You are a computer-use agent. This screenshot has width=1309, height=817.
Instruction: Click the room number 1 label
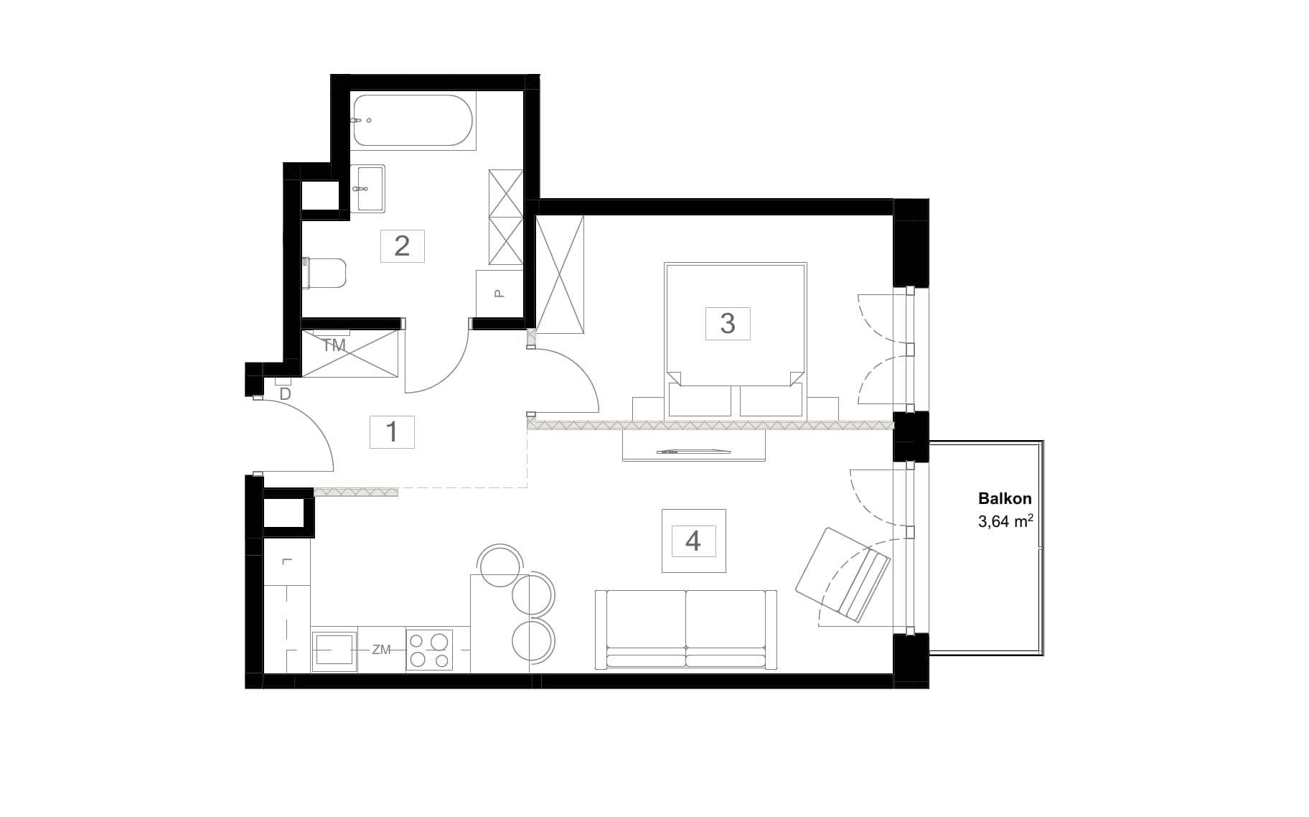392,432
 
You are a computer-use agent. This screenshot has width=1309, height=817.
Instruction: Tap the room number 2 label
402,246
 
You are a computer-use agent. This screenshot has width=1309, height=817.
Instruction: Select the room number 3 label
728,323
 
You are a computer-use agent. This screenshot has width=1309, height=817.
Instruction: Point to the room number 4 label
693,541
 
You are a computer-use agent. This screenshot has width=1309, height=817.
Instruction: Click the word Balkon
1005,498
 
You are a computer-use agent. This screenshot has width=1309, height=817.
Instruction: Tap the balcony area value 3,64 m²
1005,522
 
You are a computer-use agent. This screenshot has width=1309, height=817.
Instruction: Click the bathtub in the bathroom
413,121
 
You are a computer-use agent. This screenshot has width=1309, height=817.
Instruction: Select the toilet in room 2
324,273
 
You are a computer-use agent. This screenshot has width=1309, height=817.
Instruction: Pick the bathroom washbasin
367,188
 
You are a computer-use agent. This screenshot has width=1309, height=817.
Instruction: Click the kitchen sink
334,650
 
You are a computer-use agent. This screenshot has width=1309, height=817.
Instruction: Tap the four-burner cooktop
430,650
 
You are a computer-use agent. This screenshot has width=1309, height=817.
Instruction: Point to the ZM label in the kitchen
381,650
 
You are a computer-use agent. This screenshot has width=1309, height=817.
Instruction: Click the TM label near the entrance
334,345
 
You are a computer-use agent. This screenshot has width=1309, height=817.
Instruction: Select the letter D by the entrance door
285,394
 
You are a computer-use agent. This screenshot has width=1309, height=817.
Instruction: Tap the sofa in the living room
686,630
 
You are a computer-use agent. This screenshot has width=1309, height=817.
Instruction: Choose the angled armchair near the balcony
843,574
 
